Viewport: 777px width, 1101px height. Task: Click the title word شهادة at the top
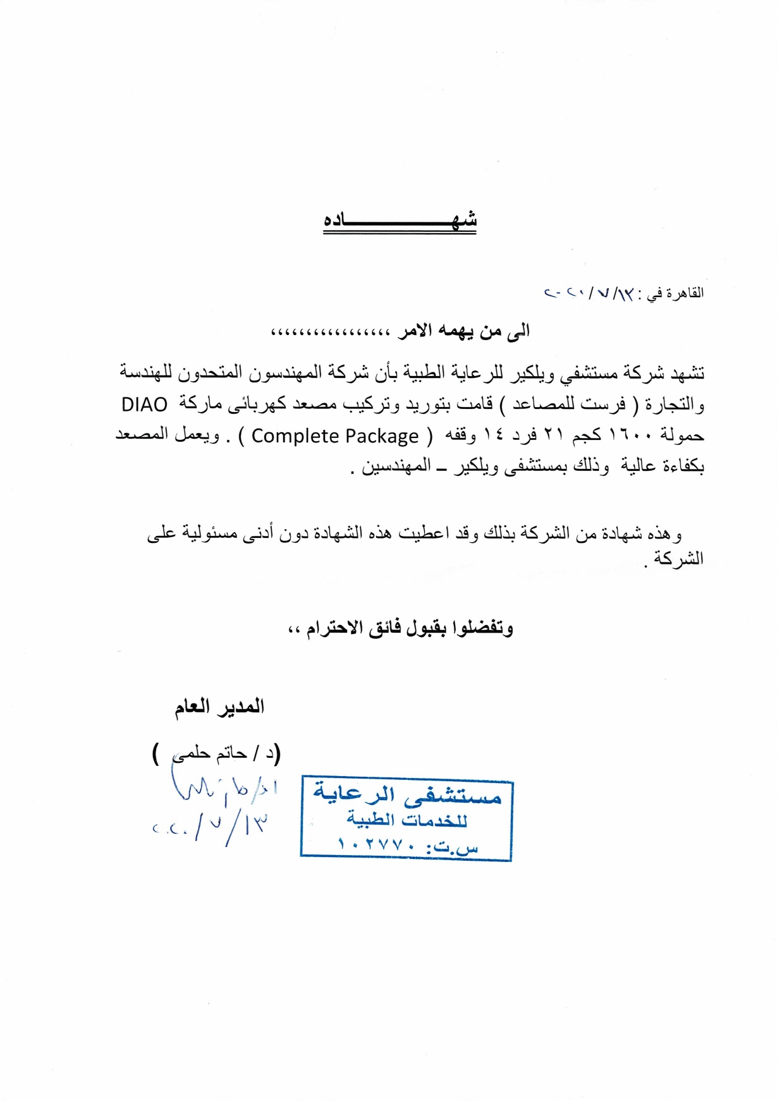coord(400,221)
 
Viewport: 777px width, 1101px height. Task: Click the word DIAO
coord(144,405)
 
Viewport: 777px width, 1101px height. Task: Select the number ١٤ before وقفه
coord(493,435)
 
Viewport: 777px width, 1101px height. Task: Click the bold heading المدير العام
coord(219,707)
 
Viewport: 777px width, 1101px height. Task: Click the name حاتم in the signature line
coord(231,753)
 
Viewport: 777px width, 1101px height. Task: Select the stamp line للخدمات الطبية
coord(407,820)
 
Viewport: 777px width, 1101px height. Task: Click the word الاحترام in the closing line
coord(334,628)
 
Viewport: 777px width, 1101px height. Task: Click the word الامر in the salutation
coord(415,331)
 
